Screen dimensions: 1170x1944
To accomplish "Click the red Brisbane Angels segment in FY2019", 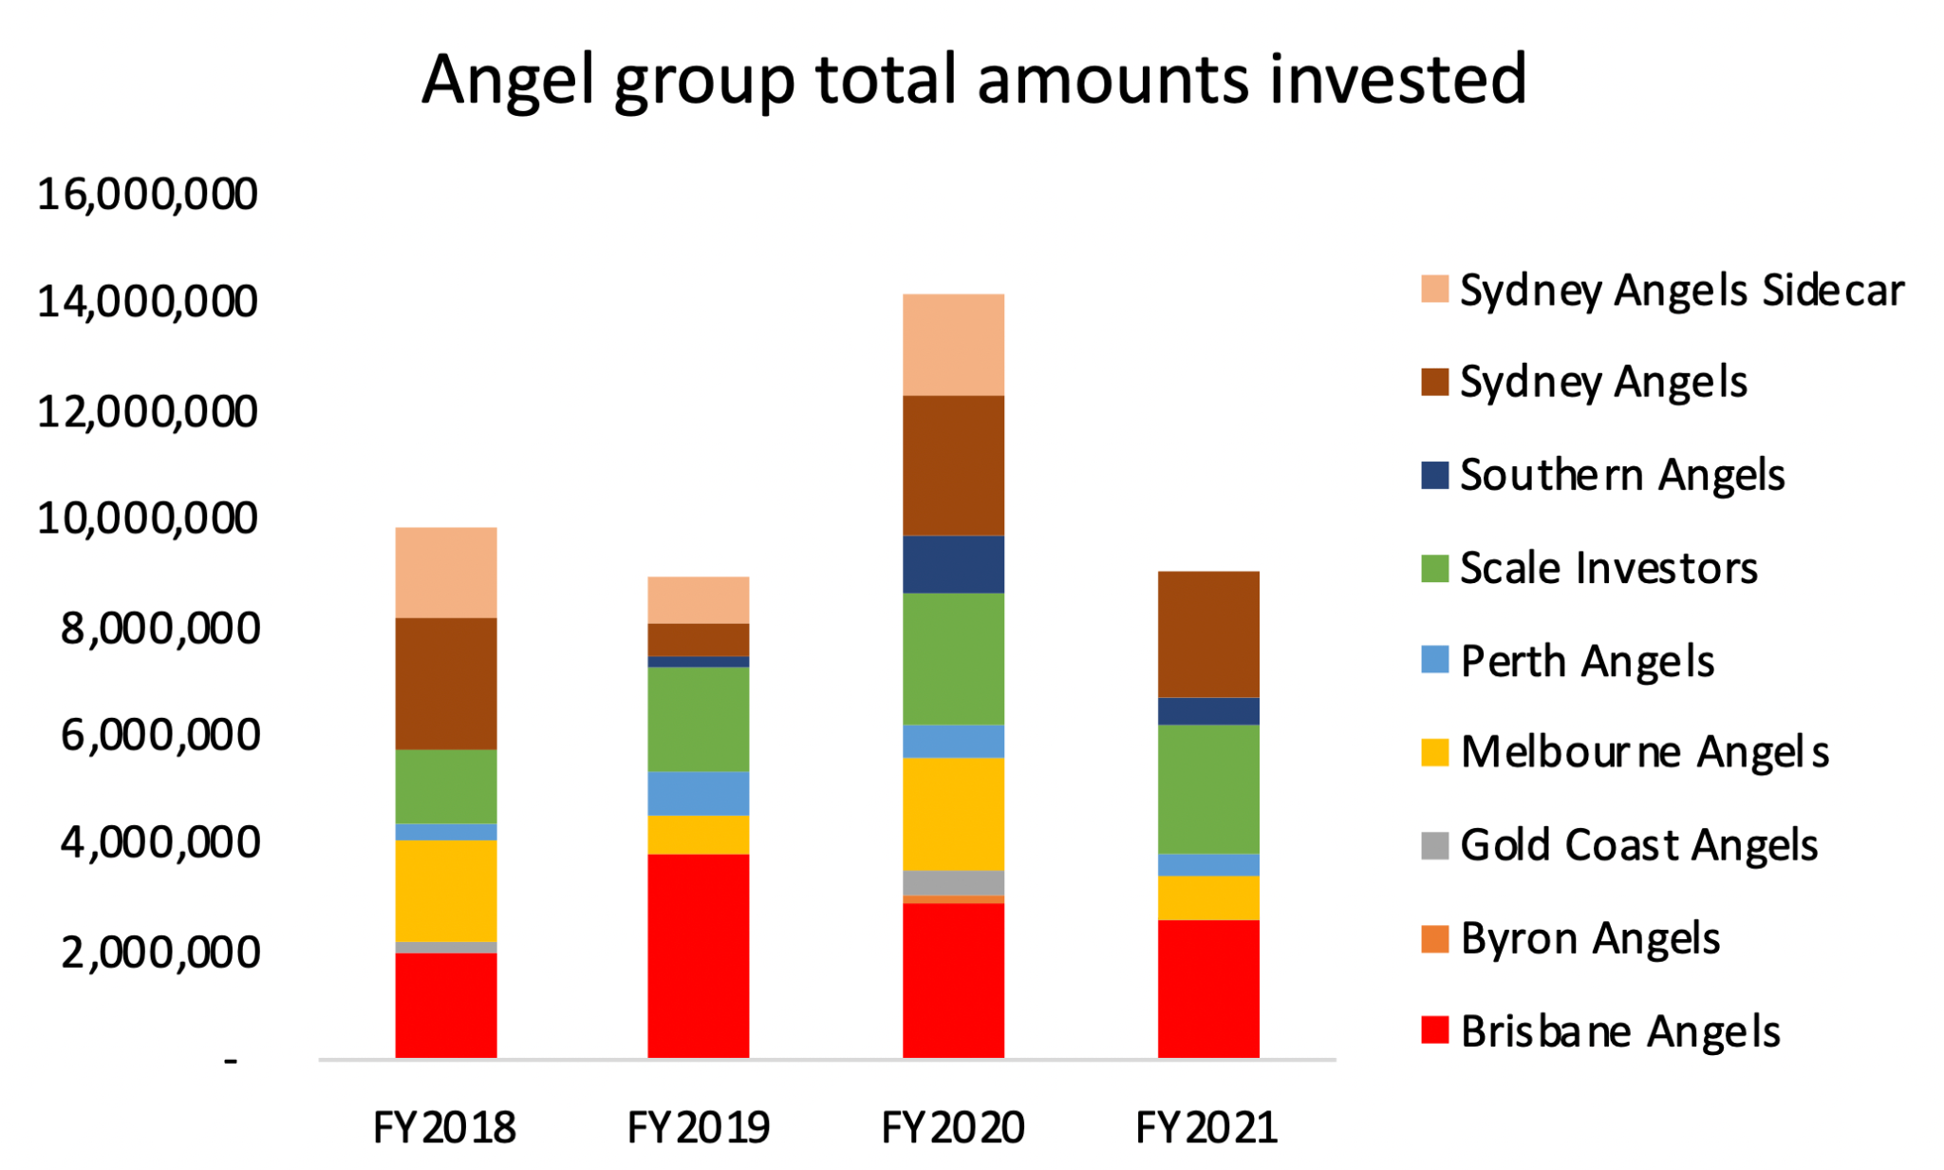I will [x=698, y=955].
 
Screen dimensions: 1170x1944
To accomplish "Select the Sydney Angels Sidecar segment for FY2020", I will [x=953, y=345].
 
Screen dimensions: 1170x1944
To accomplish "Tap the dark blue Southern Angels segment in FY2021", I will [x=1208, y=711].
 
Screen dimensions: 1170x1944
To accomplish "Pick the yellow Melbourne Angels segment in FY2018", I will [x=445, y=891].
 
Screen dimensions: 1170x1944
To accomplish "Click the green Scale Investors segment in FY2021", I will [x=1208, y=789].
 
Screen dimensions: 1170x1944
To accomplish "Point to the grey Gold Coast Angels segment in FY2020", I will [x=953, y=882].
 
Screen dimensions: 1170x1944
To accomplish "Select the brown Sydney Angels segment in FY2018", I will [x=445, y=684].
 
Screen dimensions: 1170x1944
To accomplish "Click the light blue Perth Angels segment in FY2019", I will [x=698, y=794].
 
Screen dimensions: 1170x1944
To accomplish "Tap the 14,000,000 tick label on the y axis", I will [x=147, y=302].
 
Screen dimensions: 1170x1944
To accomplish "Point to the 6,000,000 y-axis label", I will [x=159, y=735].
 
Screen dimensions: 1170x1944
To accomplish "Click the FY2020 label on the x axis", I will [x=952, y=1128].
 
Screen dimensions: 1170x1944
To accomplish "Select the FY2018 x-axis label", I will [x=444, y=1128].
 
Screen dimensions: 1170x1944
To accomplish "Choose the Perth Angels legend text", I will [x=1587, y=661].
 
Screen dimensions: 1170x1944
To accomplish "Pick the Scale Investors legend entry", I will [x=1608, y=568].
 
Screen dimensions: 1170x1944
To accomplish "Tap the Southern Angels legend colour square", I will [x=1434, y=475].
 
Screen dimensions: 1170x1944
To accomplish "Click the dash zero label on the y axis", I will [x=231, y=1060].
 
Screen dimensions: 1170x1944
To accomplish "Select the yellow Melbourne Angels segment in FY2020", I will [x=953, y=814].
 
